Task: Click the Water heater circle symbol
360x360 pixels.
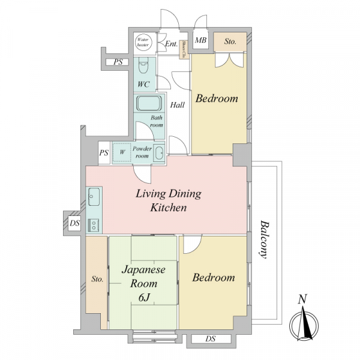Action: coord(143,42)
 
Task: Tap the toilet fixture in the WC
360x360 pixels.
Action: coord(144,65)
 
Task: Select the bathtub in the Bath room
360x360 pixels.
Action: coord(149,103)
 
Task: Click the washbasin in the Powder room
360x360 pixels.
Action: coord(159,152)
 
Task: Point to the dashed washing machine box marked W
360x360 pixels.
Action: coord(122,152)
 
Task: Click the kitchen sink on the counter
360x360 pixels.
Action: coord(94,197)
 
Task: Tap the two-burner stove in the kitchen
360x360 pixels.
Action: coord(94,224)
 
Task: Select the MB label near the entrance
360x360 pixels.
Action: coord(200,40)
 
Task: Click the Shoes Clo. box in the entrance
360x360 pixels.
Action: coord(184,49)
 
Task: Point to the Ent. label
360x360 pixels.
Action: coord(171,44)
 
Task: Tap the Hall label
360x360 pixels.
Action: coord(177,105)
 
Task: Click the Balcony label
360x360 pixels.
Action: coord(265,239)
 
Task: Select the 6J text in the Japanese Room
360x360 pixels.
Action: coord(144,298)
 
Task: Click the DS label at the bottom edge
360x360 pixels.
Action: coord(211,338)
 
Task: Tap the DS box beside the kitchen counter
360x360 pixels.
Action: coord(74,223)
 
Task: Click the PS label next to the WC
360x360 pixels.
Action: coord(118,62)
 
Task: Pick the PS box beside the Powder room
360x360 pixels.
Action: coord(104,152)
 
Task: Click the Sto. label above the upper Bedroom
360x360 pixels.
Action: coord(230,41)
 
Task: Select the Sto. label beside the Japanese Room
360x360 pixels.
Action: coord(97,279)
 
